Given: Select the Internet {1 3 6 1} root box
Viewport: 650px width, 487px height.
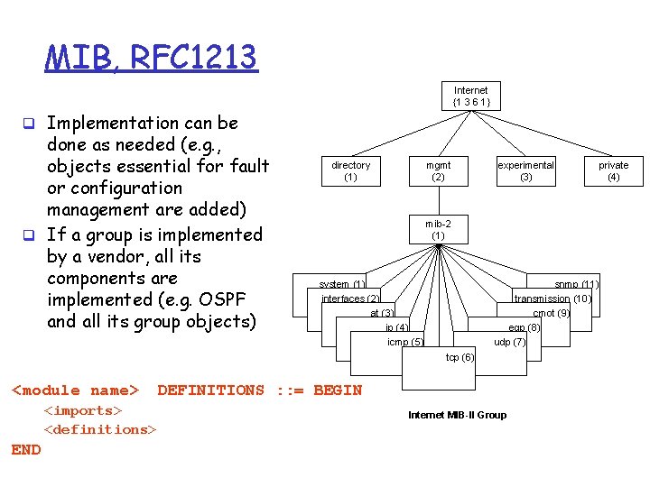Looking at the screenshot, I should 470,96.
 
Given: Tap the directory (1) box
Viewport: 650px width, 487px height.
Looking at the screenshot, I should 350,171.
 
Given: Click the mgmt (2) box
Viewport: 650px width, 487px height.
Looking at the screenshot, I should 438,171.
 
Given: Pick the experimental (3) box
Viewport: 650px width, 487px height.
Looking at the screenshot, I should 525,171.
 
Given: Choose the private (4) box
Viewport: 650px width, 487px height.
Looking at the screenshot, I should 613,171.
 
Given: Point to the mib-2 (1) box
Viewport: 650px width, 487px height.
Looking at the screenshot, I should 438,229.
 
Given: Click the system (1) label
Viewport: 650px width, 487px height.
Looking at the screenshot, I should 342,285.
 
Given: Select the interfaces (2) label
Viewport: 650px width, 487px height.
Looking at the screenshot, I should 350,299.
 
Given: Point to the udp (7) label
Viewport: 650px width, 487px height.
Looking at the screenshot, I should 509,342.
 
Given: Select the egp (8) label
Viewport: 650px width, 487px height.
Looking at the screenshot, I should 524,327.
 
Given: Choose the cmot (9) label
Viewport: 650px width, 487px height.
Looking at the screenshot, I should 551,313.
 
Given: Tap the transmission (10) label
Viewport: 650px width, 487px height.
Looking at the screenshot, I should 552,299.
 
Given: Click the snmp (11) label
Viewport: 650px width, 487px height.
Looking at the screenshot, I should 576,285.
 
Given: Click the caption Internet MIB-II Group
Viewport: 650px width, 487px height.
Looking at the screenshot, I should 457,415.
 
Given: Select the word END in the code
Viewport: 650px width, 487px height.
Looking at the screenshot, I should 26,449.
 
